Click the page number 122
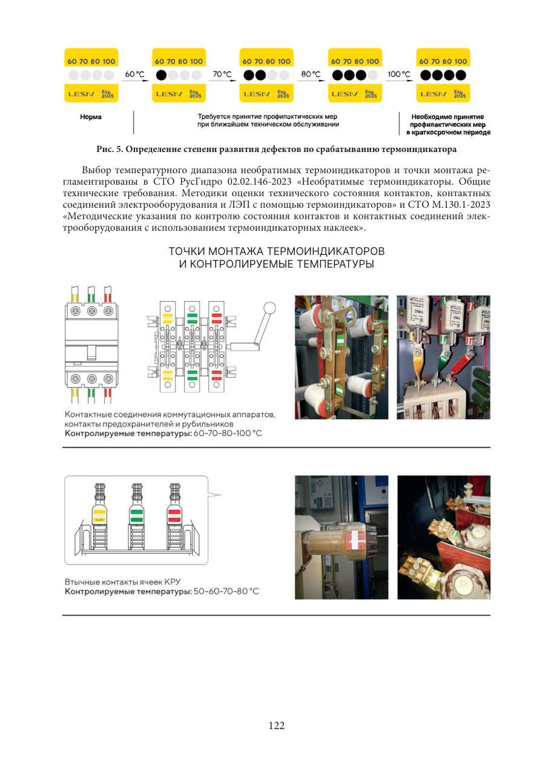pyautogui.click(x=276, y=725)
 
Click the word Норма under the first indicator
pyautogui.click(x=91, y=117)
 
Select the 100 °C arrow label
pyautogui.click(x=398, y=74)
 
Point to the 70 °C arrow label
pyautogui.click(x=222, y=74)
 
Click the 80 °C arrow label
pyautogui.click(x=311, y=74)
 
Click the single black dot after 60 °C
pyautogui.click(x=162, y=76)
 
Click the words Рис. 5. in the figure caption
pyautogui.click(x=108, y=148)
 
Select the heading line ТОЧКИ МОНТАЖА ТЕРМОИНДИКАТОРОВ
pyautogui.click(x=276, y=251)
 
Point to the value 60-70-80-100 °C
pyautogui.click(x=228, y=434)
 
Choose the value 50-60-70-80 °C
pyautogui.click(x=226, y=591)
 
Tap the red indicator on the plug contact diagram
pyautogui.click(x=175, y=515)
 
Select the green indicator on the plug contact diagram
pyautogui.click(x=136, y=515)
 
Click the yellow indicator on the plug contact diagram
pyautogui.click(x=98, y=515)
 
